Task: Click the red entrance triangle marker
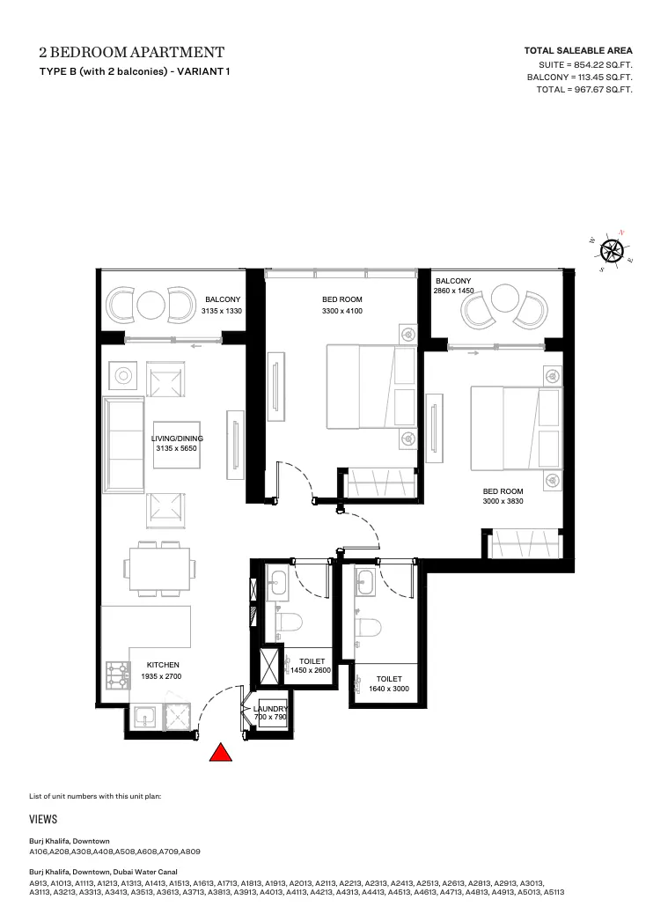tap(220, 753)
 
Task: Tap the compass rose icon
tap(612, 251)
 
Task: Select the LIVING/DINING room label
tap(177, 439)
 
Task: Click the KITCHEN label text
tap(163, 665)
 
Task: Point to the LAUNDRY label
tap(271, 709)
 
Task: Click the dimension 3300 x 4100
tap(342, 311)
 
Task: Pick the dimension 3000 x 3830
tap(503, 501)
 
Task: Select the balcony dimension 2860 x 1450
tap(453, 291)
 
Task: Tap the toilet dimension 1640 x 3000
tap(389, 689)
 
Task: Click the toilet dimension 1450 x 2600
tap(311, 670)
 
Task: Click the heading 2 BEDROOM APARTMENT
tap(132, 53)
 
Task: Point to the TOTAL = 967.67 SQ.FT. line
tap(584, 90)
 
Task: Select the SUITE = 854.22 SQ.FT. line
tap(585, 65)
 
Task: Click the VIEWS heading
tap(43, 819)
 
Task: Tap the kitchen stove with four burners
tap(119, 675)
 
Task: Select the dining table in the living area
tap(159, 569)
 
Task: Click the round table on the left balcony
tap(150, 304)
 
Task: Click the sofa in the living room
tap(123, 446)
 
